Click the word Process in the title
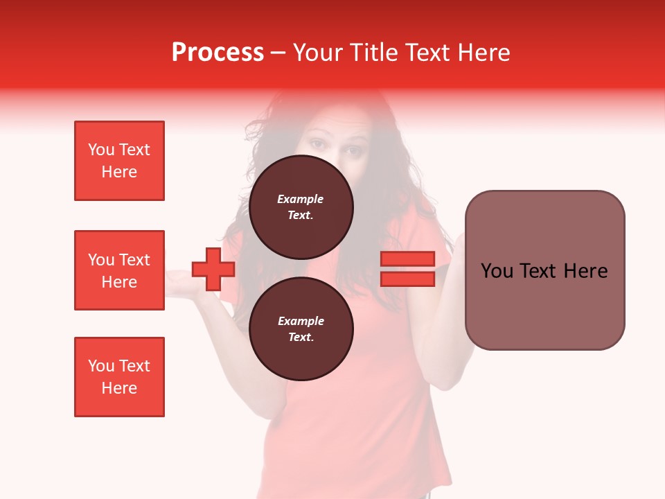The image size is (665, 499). click(x=218, y=53)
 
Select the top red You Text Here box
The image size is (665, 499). click(x=119, y=161)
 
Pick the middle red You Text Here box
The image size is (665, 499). click(x=119, y=270)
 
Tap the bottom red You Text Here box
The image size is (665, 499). click(x=119, y=377)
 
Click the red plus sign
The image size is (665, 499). click(x=213, y=269)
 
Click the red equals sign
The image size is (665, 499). click(x=407, y=269)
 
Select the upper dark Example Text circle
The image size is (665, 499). click(x=301, y=207)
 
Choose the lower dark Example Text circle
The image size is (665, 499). click(x=301, y=329)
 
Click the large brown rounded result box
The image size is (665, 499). click(x=544, y=270)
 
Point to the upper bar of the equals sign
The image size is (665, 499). click(x=407, y=259)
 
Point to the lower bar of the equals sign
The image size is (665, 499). click(x=407, y=279)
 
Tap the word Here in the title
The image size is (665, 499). click(x=485, y=53)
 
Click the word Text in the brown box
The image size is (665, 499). click(x=540, y=271)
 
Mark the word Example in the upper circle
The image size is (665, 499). click(x=301, y=199)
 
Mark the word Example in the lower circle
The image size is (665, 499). click(x=301, y=321)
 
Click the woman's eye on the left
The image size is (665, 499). click(x=317, y=145)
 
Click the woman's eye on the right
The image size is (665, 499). click(x=354, y=151)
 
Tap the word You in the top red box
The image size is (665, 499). click(x=100, y=150)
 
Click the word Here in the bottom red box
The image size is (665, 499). click(x=119, y=388)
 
